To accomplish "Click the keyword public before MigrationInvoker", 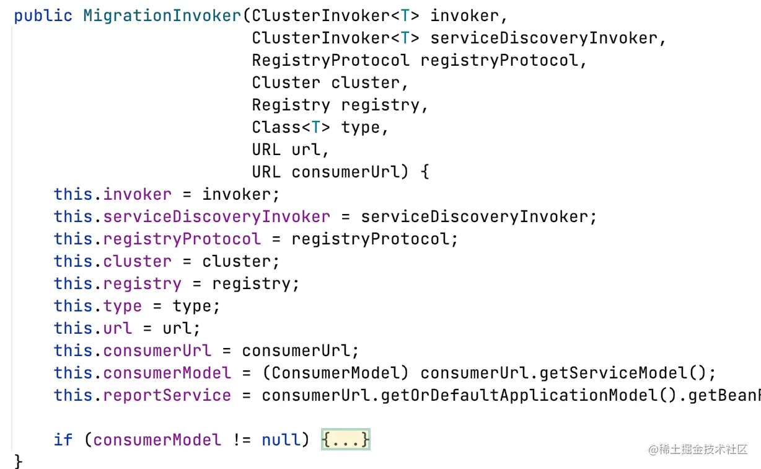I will pyautogui.click(x=43, y=16).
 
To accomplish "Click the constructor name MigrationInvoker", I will pyautogui.click(x=162, y=16).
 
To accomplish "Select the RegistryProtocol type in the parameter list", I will pyautogui.click(x=330, y=60).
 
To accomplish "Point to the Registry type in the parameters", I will pyautogui.click(x=291, y=105).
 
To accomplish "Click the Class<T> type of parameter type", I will pyautogui.click(x=291, y=127).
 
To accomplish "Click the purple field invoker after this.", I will pyautogui.click(x=137, y=194).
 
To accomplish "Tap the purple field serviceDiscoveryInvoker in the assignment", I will pyautogui.click(x=216, y=217).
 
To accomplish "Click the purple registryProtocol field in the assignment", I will pyautogui.click(x=182, y=239).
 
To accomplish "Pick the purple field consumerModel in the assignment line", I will pyautogui.click(x=167, y=373).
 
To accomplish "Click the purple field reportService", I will pyautogui.click(x=167, y=395).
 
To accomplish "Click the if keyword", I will pyautogui.click(x=63, y=440).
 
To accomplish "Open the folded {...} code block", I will pyautogui.click(x=346, y=440).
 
